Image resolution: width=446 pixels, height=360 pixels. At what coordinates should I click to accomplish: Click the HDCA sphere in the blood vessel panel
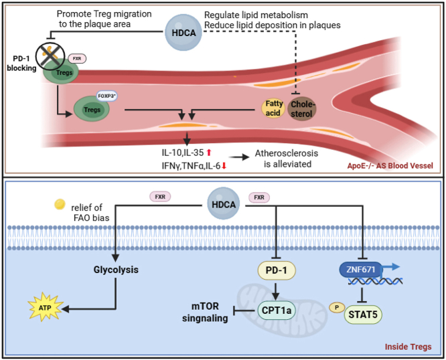pyautogui.click(x=183, y=32)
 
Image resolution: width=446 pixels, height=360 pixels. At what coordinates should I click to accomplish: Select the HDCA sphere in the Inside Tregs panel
pyautogui.click(x=224, y=203)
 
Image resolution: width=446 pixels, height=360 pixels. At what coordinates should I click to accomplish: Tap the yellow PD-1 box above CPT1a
pyautogui.click(x=277, y=270)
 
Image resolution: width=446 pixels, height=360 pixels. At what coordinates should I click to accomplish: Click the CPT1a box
pyautogui.click(x=276, y=310)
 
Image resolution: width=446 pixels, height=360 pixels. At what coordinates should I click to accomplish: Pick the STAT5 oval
pyautogui.click(x=363, y=314)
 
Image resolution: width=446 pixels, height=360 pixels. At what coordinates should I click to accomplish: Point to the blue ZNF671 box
pyautogui.click(x=361, y=270)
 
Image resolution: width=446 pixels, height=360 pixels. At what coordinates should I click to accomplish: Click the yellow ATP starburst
pyautogui.click(x=45, y=307)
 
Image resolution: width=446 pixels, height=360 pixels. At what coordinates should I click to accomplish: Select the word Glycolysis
pyautogui.click(x=116, y=270)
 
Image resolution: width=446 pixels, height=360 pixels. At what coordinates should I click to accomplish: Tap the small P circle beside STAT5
pyautogui.click(x=337, y=307)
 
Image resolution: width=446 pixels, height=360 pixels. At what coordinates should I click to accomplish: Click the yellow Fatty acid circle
pyautogui.click(x=273, y=108)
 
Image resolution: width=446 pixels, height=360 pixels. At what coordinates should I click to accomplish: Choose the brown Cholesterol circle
pyautogui.click(x=302, y=109)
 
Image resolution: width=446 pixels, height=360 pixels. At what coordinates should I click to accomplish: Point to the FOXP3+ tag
pyautogui.click(x=106, y=96)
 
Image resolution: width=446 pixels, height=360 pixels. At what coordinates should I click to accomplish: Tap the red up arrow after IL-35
pyautogui.click(x=209, y=153)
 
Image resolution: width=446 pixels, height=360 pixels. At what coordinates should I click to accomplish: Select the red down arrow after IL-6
pyautogui.click(x=224, y=166)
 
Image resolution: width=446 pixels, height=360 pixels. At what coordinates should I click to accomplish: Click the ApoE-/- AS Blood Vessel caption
pyautogui.click(x=390, y=166)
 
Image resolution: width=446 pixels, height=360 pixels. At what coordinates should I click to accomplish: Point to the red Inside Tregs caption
pyautogui.click(x=408, y=347)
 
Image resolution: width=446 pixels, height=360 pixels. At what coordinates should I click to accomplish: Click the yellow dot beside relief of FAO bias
pyautogui.click(x=60, y=204)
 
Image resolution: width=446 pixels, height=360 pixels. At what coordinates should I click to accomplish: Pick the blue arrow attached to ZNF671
pyautogui.click(x=391, y=268)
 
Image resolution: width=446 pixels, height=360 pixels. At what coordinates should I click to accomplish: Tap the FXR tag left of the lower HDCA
pyautogui.click(x=160, y=197)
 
